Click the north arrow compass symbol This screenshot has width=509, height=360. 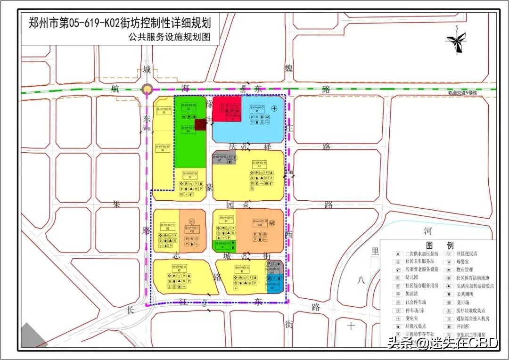pyautogui.click(x=456, y=43)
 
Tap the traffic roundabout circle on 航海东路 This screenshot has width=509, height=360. pyautogui.click(x=147, y=90)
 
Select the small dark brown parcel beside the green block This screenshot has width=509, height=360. pyautogui.click(x=201, y=124)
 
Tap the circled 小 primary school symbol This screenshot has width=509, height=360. pyautogui.click(x=192, y=221)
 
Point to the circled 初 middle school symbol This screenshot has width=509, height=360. pyautogui.click(x=278, y=224)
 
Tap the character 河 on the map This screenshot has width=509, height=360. pyautogui.click(x=428, y=231)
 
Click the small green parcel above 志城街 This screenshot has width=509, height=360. pyautogui.click(x=225, y=245)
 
